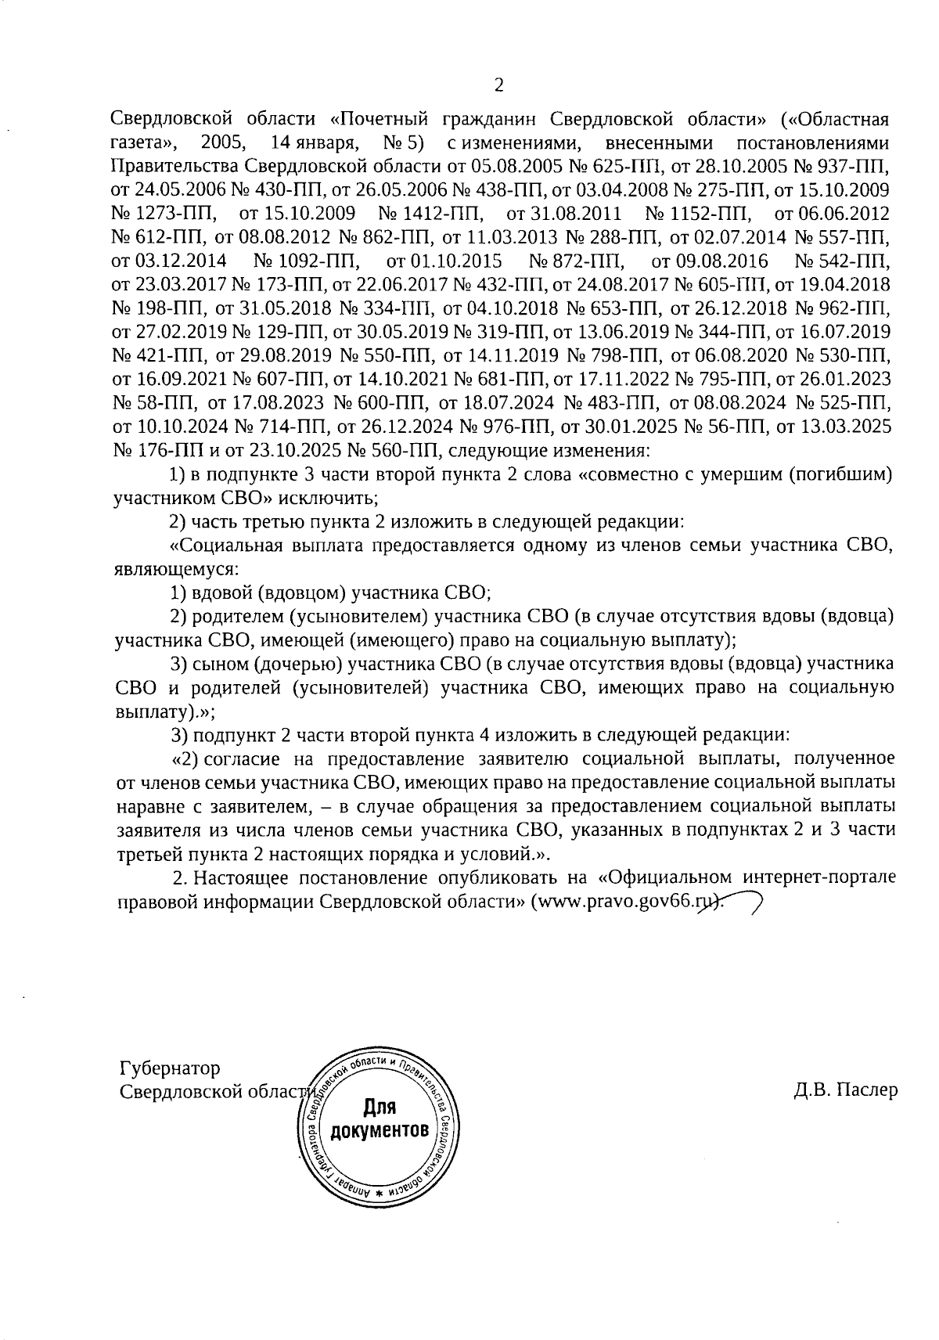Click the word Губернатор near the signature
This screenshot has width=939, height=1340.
(x=170, y=1068)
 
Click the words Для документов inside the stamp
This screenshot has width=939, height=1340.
(x=380, y=1120)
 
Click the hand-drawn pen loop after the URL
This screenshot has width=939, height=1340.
(x=739, y=903)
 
